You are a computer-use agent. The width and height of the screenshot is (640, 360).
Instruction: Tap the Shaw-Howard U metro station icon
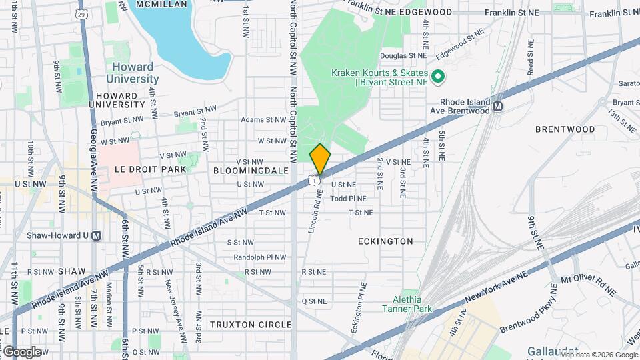tap(97, 235)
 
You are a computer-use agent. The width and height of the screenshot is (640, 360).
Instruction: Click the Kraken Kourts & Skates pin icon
tap(438, 77)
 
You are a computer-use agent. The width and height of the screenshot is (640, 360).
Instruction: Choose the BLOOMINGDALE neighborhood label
tap(251, 171)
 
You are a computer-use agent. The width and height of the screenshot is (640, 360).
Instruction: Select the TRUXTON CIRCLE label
tap(251, 325)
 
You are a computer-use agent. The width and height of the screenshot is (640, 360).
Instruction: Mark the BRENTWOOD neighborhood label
tap(565, 129)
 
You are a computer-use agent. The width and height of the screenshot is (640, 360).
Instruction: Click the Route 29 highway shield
tap(81, 13)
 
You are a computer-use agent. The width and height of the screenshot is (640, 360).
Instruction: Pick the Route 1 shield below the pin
tap(313, 180)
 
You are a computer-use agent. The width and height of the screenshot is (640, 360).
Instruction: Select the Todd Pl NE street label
tap(349, 199)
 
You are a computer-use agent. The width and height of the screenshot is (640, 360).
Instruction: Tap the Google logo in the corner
tap(22, 351)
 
